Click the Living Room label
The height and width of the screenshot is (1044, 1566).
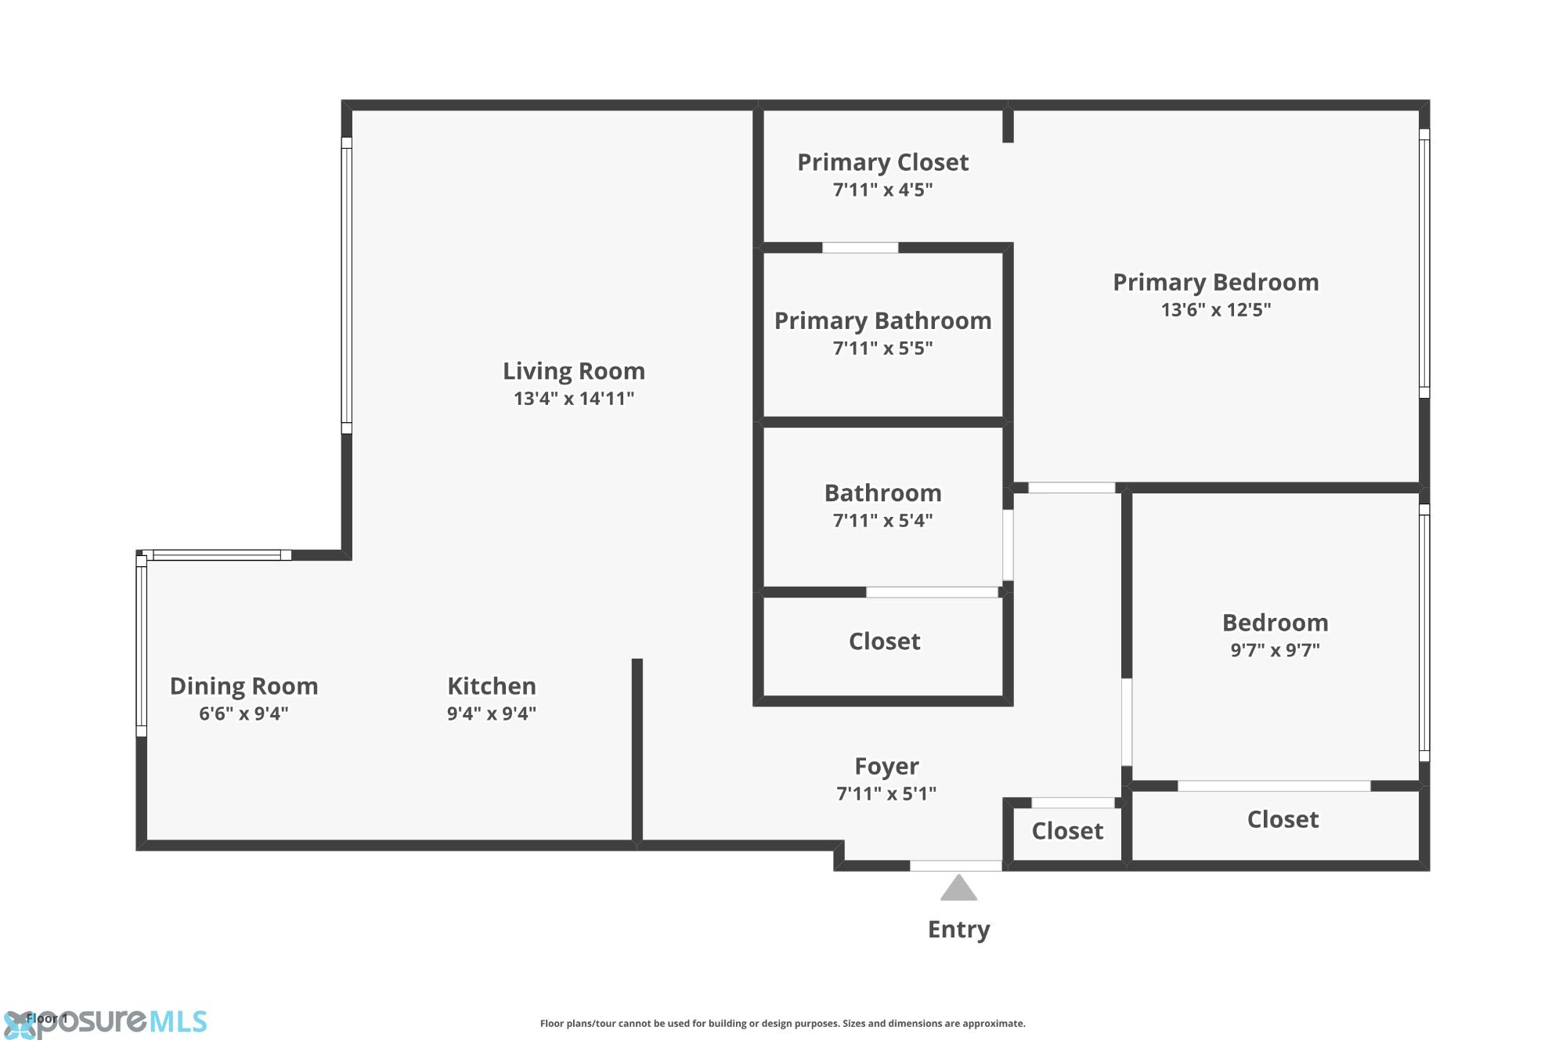tap(574, 370)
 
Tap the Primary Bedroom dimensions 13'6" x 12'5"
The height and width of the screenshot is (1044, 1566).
tap(1216, 309)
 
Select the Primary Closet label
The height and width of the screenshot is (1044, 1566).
tap(883, 162)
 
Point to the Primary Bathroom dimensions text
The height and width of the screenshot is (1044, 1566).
tap(883, 348)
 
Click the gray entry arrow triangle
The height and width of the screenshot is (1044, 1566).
tap(958, 888)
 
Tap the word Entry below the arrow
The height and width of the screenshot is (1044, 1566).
tap(959, 930)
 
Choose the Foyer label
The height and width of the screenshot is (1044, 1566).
tap(886, 766)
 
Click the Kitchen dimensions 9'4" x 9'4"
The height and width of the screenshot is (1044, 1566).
tap(492, 713)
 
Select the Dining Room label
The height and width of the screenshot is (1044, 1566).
tap(244, 686)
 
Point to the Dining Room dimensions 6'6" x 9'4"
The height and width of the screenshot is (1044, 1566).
tap(244, 713)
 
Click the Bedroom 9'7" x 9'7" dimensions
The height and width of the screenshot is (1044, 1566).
tap(1276, 650)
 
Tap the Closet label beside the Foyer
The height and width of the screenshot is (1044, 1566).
tap(1067, 831)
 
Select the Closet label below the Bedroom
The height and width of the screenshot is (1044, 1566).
tap(1283, 819)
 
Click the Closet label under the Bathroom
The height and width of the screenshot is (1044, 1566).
tap(885, 641)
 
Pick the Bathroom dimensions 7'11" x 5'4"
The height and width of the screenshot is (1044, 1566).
tap(883, 521)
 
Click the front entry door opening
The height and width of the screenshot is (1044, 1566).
tap(955, 865)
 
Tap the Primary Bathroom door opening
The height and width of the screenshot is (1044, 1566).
tap(860, 247)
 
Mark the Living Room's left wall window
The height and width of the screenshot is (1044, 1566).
tap(346, 285)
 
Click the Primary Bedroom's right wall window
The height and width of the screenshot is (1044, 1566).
tap(1424, 263)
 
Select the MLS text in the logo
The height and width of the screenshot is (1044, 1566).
tap(178, 1021)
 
